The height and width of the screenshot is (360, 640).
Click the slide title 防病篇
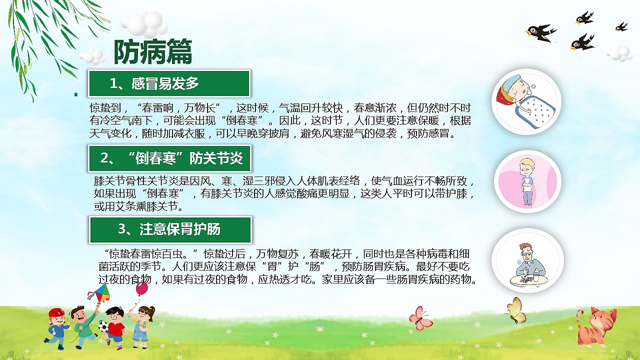[152, 52]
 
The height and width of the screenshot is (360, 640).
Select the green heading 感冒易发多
[169, 83]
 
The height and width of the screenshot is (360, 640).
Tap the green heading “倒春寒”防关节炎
[169, 158]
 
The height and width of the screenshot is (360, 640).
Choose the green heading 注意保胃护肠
[170, 229]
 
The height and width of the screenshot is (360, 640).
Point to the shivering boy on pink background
[527, 181]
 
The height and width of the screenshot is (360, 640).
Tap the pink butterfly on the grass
[420, 318]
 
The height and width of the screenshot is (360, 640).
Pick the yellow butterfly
[515, 309]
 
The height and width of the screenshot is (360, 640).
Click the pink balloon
[142, 288]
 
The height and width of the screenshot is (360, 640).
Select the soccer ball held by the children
[103, 326]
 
